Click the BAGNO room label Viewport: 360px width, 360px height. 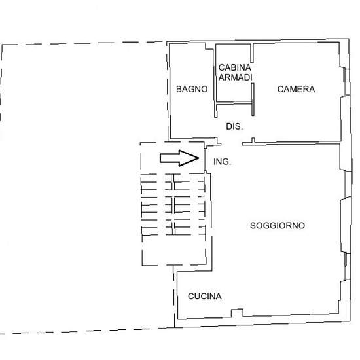pyautogui.click(x=192, y=89)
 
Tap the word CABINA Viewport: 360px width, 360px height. pyautogui.click(x=234, y=67)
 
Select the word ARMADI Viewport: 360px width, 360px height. pyautogui.click(x=236, y=77)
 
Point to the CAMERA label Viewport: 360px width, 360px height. pyautogui.click(x=296, y=89)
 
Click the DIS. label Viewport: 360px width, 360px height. pyautogui.click(x=234, y=126)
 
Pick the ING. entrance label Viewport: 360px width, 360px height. pyautogui.click(x=222, y=162)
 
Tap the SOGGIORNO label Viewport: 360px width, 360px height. pyautogui.click(x=278, y=226)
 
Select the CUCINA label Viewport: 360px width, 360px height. pyautogui.click(x=205, y=296)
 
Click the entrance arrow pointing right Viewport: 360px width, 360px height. pyautogui.click(x=179, y=158)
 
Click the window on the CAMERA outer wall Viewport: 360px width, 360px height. pyautogui.click(x=345, y=82)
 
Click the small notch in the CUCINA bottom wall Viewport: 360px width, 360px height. pyautogui.click(x=237, y=313)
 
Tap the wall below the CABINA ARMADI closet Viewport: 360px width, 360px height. pyautogui.click(x=234, y=103)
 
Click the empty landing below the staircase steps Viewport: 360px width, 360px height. pyautogui.click(x=174, y=250)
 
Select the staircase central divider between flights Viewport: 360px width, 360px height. pyautogui.click(x=173, y=204)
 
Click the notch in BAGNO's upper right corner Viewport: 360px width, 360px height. pyautogui.click(x=209, y=46)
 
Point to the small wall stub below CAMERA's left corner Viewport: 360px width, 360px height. pyautogui.click(x=253, y=141)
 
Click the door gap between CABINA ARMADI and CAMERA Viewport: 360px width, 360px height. pyautogui.click(x=252, y=73)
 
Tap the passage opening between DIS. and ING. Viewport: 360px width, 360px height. pyautogui.click(x=232, y=144)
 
